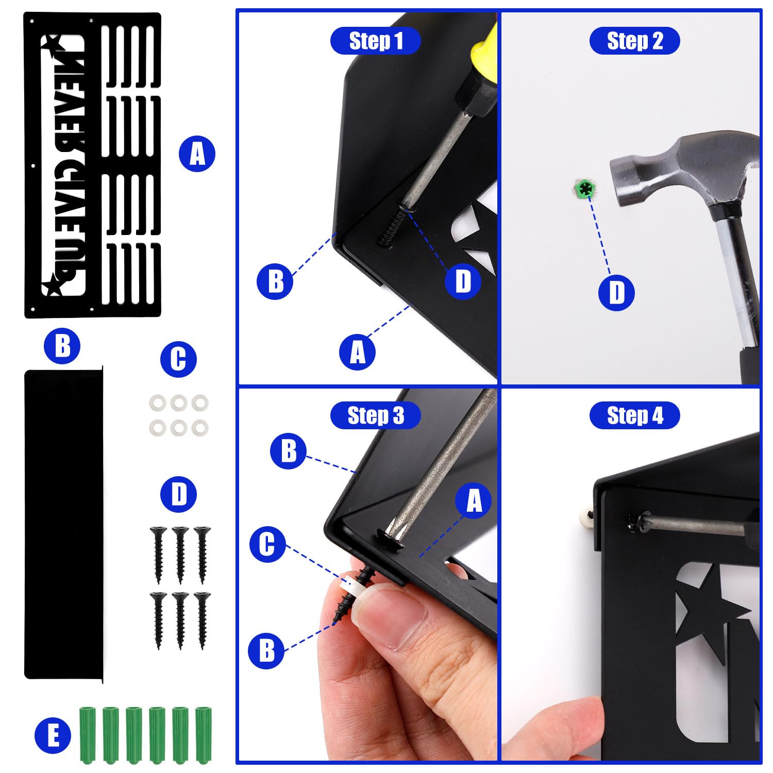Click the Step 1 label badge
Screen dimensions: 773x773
point(376,41)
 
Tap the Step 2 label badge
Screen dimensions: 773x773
point(634,41)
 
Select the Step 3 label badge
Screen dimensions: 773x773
point(376,415)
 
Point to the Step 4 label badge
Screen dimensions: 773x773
point(634,415)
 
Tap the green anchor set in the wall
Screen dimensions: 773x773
point(585,188)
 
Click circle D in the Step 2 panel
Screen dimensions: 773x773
point(616,293)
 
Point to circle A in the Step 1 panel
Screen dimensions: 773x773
point(357,352)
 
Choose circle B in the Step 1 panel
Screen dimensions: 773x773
point(275,281)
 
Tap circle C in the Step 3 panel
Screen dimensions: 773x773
point(267,544)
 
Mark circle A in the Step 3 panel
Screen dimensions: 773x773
point(474,500)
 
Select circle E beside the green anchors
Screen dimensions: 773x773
point(53,735)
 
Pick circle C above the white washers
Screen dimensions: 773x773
point(178,359)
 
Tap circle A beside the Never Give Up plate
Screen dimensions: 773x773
point(197,154)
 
